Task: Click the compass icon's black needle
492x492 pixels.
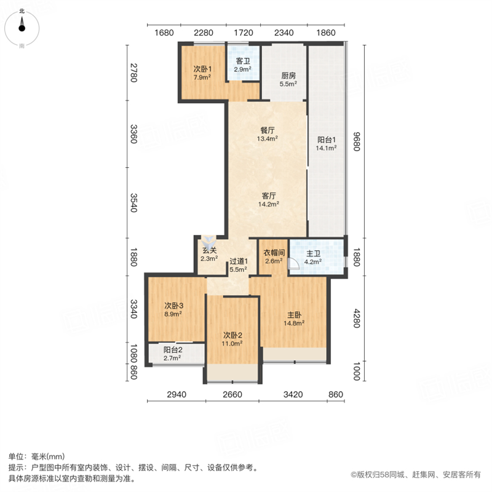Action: point(22,24)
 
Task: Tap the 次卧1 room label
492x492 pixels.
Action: point(202,69)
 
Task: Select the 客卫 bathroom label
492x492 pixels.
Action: point(243,61)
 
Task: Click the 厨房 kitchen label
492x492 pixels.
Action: point(288,76)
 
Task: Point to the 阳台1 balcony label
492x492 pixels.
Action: point(327,140)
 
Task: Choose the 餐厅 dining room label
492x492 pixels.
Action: point(268,130)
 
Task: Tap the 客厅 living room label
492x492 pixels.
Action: point(269,196)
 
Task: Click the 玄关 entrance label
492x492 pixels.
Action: point(209,250)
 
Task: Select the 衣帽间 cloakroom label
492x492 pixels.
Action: point(274,253)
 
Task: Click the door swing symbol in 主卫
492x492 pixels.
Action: point(293,264)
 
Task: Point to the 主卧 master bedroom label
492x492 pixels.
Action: point(295,315)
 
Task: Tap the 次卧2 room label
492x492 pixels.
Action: point(232,335)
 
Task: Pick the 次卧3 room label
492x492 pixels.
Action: point(174,305)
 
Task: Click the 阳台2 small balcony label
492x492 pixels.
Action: point(173,349)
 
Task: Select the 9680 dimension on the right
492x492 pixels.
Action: point(357,141)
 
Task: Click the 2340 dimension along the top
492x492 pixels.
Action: point(284,33)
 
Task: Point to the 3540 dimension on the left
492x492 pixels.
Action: point(133,203)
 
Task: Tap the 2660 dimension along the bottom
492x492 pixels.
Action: point(232,394)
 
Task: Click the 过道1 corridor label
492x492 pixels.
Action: point(239,261)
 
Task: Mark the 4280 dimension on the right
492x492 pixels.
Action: point(357,319)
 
